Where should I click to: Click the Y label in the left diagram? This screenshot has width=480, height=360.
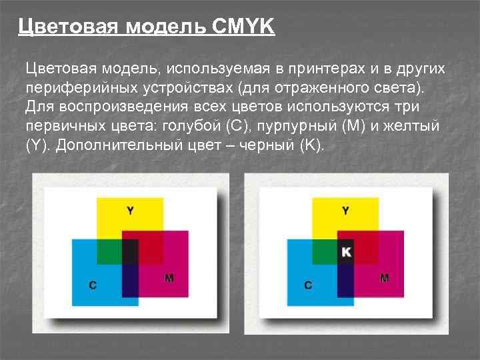tap(130, 211)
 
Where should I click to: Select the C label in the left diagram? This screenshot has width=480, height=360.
tap(93, 285)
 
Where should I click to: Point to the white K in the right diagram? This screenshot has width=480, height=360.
tap(345, 251)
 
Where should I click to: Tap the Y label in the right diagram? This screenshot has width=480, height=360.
tap(345, 211)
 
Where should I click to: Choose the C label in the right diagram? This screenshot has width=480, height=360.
tap(308, 285)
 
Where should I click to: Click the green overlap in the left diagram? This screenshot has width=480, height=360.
tap(109, 251)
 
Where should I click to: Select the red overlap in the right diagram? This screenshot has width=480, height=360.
tap(366, 245)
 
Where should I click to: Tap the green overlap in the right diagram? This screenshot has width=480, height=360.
tap(325, 251)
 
